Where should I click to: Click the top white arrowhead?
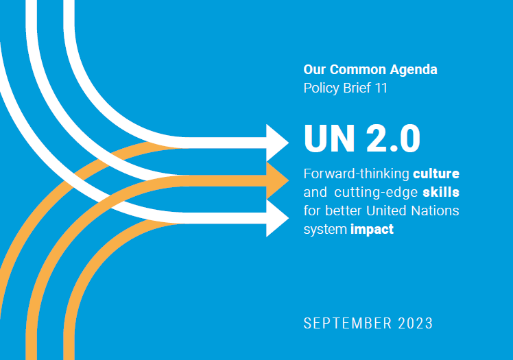278,143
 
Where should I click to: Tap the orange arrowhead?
278,180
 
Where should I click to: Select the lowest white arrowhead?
278,218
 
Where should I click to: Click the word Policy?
320,88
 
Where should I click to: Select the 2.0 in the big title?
392,139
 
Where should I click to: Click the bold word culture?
436,173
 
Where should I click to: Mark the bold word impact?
372,229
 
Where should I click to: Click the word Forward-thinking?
356,173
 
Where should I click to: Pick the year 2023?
414,322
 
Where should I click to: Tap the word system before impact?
325,229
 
